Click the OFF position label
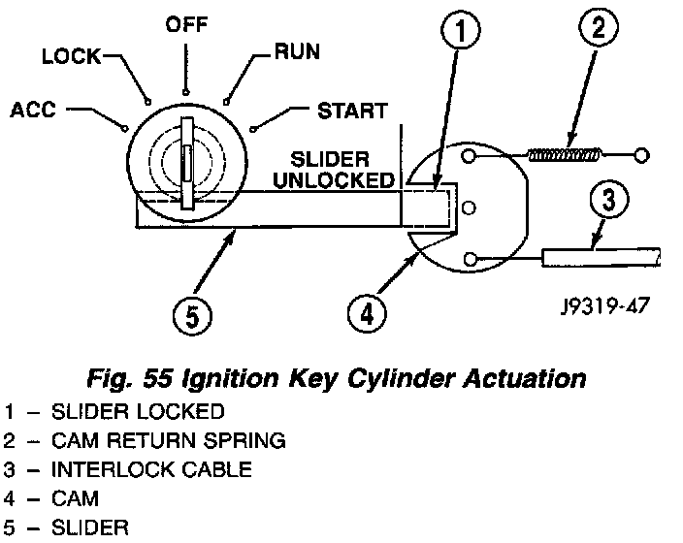click(186, 24)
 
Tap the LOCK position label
click(72, 56)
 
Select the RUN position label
click(298, 51)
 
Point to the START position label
click(352, 112)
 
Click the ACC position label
click(33, 110)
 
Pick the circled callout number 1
click(461, 30)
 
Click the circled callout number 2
click(599, 26)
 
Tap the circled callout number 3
click(609, 200)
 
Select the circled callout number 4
click(367, 313)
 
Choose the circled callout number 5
click(192, 316)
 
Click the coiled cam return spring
click(565, 155)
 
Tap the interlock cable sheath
click(602, 257)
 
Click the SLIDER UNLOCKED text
click(334, 170)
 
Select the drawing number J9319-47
click(605, 305)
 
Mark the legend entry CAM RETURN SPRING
click(169, 440)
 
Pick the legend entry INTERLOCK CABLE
click(151, 470)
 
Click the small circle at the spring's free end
click(641, 155)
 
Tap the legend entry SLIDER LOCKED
click(138, 412)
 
